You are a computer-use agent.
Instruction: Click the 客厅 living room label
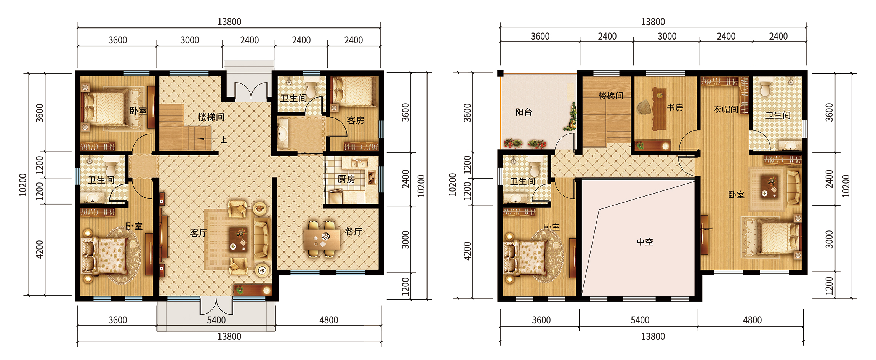(x=199, y=233)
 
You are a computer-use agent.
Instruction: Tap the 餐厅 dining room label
(x=353, y=232)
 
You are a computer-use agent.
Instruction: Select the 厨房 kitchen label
(x=346, y=179)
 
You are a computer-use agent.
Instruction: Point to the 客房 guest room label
(x=356, y=120)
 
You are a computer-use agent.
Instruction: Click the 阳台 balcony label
(x=524, y=112)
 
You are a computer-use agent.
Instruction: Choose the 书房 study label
(x=675, y=108)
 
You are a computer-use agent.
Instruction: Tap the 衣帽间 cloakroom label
(x=726, y=109)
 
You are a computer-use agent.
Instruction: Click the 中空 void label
(x=645, y=242)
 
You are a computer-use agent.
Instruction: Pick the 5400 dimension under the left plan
(x=216, y=320)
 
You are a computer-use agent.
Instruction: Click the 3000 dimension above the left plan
(x=190, y=40)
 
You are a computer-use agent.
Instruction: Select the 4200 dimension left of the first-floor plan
(x=40, y=250)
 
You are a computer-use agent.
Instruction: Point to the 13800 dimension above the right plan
(x=653, y=22)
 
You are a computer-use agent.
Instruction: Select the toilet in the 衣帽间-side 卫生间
(x=765, y=89)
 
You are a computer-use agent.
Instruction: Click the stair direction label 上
(x=224, y=140)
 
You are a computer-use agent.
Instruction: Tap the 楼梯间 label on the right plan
(x=611, y=96)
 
